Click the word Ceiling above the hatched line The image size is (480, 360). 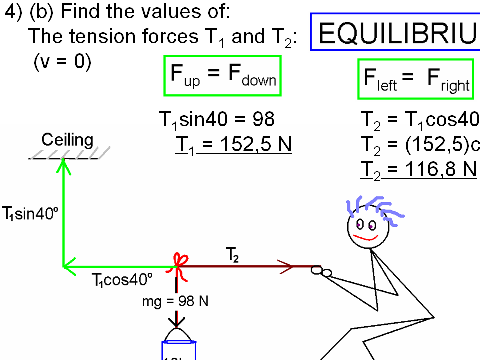(67, 140)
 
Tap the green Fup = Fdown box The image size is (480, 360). (223, 76)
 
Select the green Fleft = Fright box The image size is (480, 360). (415, 80)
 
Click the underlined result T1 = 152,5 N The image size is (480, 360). (233, 144)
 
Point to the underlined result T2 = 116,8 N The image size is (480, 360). (419, 170)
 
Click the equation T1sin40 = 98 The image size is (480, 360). (216, 120)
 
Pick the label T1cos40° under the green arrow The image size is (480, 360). (122, 280)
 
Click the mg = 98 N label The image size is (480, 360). (175, 302)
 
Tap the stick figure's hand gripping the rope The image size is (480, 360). (322, 271)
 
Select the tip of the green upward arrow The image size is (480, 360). (63, 161)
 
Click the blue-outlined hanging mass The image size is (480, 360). (178, 350)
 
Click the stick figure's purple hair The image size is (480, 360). (375, 206)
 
